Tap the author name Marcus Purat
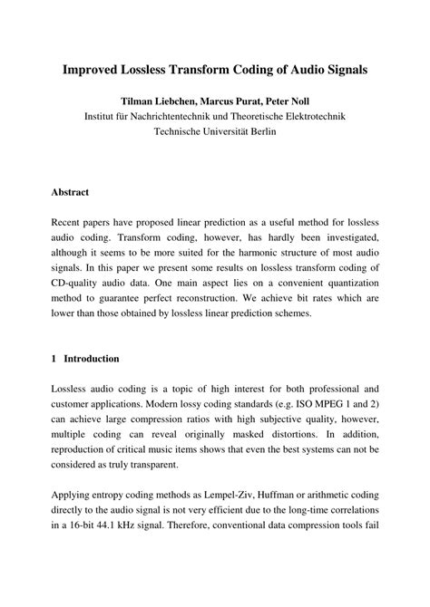point(230,100)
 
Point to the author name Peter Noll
point(297,100)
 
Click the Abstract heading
point(70,192)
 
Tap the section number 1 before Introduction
point(54,359)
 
